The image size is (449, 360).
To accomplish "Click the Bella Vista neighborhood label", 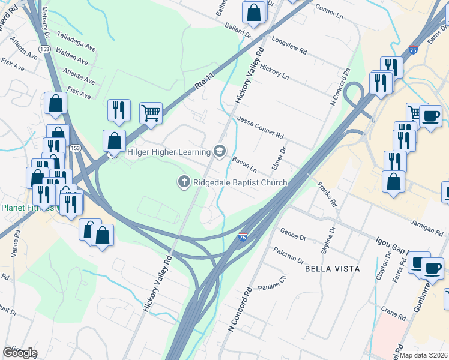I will [333, 268].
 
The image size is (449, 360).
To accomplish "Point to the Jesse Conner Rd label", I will [259, 127].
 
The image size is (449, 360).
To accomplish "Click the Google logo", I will [19, 353].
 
